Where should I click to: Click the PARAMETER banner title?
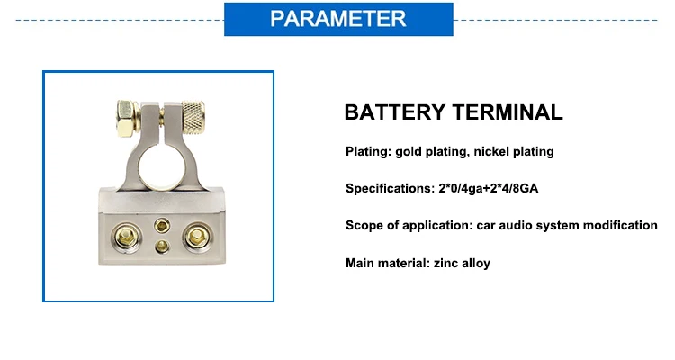338,19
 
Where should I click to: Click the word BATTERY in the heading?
395,112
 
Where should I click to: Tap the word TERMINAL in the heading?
508,112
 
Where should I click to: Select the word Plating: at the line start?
368,151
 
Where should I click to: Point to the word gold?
408,151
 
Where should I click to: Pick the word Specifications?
390,189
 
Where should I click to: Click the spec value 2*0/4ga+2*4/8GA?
489,189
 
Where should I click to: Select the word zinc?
446,263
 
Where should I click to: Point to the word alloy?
476,263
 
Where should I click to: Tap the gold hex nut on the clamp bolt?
127,119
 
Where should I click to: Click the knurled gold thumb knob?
193,117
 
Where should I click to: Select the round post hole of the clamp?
162,169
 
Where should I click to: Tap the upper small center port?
162,225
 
